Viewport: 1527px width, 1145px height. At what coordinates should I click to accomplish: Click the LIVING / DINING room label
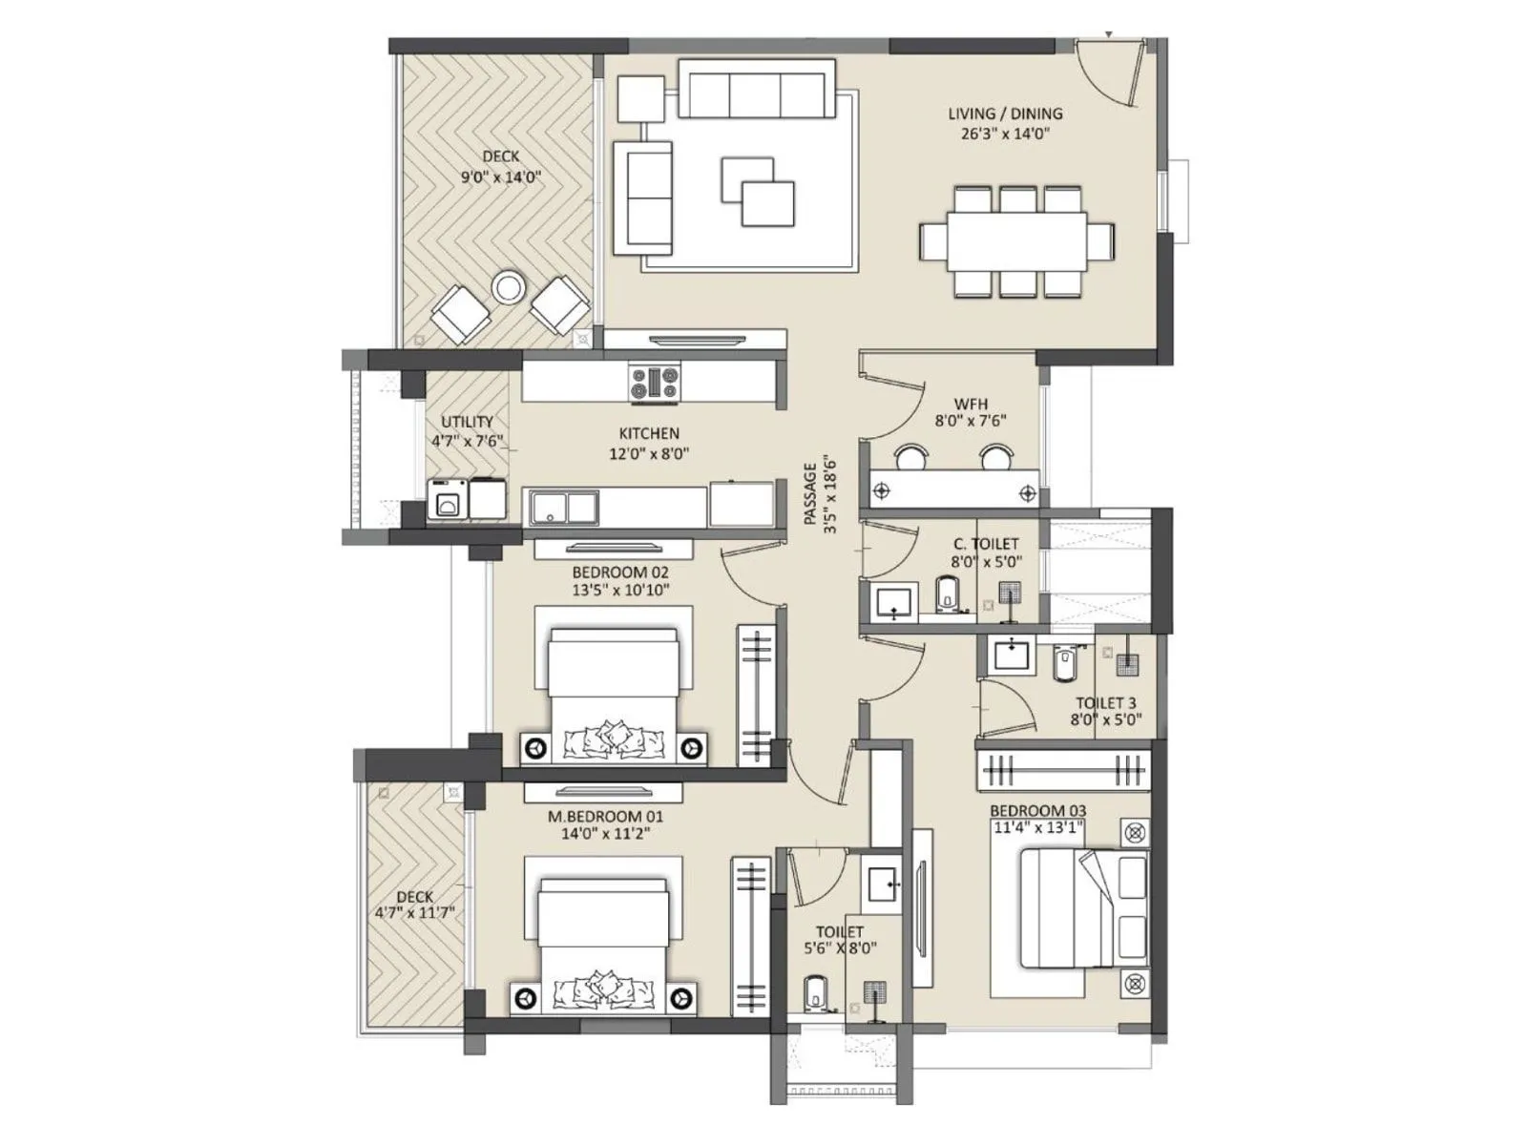pyautogui.click(x=1005, y=114)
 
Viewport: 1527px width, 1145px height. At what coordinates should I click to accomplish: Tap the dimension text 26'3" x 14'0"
pyautogui.click(x=1005, y=135)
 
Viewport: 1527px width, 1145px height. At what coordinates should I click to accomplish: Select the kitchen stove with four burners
pyautogui.click(x=655, y=383)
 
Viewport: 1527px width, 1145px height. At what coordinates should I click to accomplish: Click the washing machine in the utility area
pyautogui.click(x=447, y=500)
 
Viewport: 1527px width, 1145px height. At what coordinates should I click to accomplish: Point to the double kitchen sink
pyautogui.click(x=564, y=507)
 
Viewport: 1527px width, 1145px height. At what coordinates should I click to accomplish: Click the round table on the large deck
pyautogui.click(x=508, y=286)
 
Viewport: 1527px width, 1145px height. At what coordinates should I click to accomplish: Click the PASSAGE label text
pyautogui.click(x=810, y=493)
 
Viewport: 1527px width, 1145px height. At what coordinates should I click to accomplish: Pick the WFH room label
pyautogui.click(x=971, y=404)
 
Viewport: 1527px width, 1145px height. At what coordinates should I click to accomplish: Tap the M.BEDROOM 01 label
pyautogui.click(x=605, y=817)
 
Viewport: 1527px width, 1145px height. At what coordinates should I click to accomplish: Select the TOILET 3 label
pyautogui.click(x=1106, y=703)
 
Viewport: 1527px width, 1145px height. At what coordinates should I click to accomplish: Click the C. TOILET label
pyautogui.click(x=986, y=544)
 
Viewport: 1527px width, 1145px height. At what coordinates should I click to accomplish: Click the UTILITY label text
pyautogui.click(x=467, y=422)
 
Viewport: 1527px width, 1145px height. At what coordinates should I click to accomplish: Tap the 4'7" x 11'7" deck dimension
pyautogui.click(x=414, y=913)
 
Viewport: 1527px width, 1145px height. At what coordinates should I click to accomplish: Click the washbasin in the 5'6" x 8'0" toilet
pyautogui.click(x=881, y=885)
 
